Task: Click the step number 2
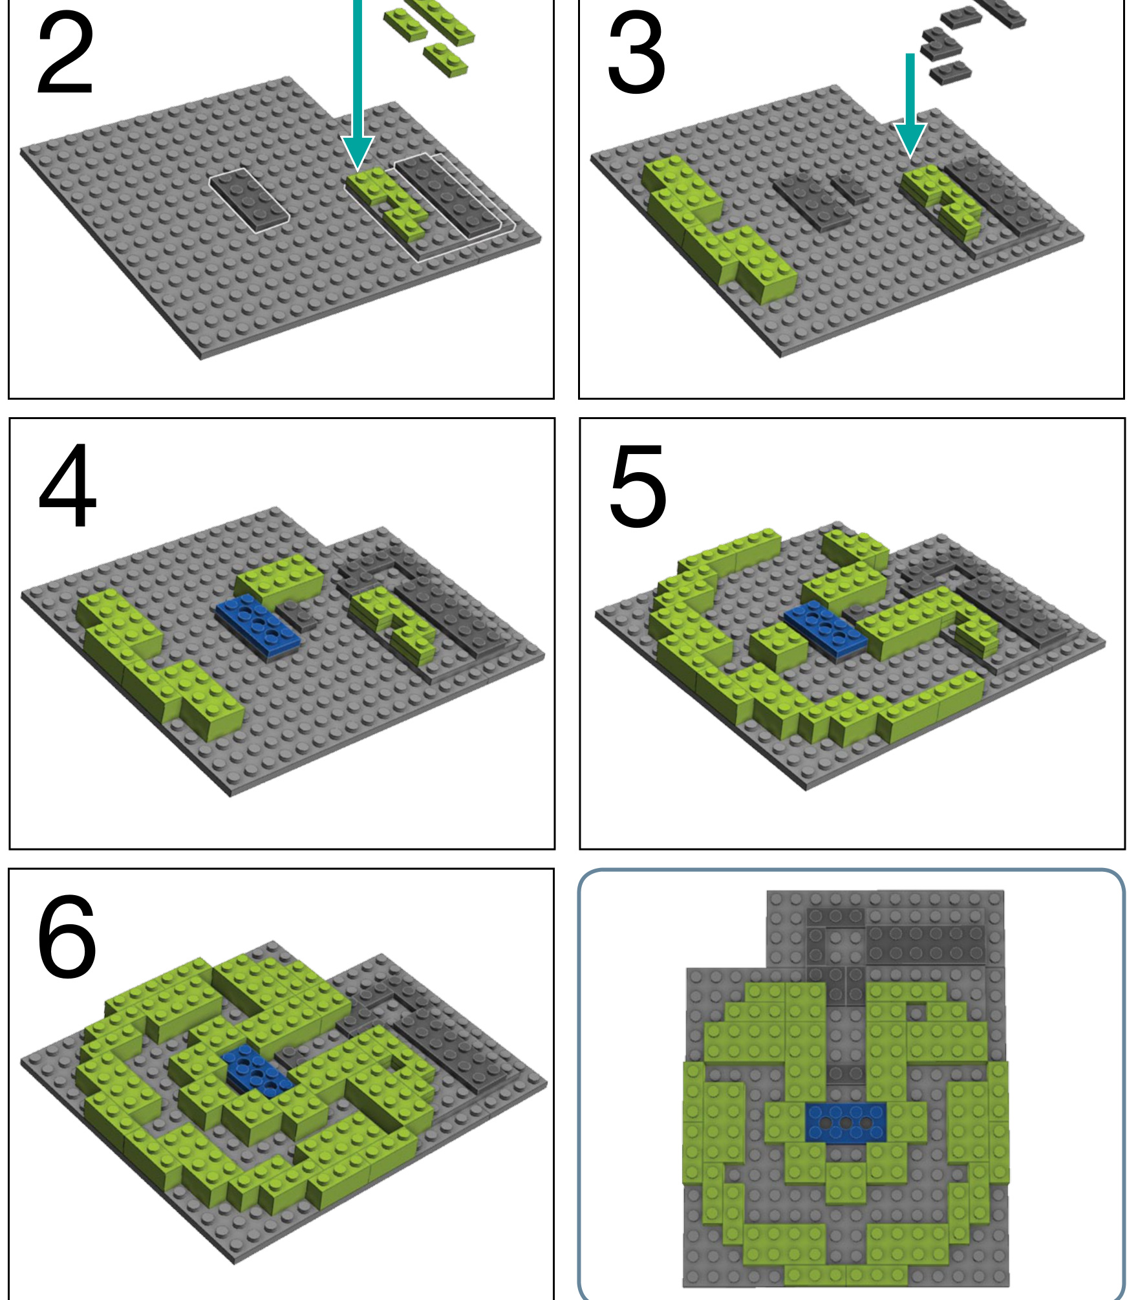click(x=65, y=55)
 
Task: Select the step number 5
click(x=638, y=486)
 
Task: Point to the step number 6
click(x=67, y=937)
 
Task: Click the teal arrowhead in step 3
click(x=910, y=139)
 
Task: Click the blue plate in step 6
click(x=257, y=1070)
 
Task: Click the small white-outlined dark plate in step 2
click(x=249, y=199)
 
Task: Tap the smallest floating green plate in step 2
click(x=445, y=60)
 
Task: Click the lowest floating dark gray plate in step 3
click(x=950, y=72)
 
